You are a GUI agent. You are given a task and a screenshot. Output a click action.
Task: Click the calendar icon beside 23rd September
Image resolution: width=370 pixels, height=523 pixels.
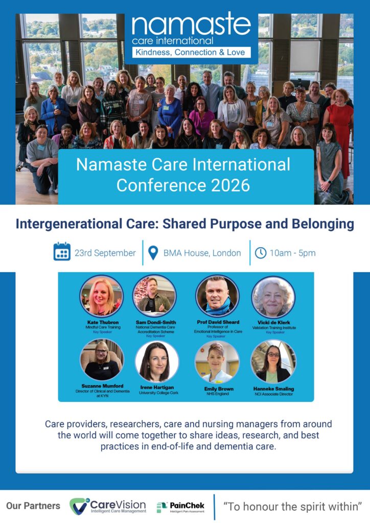62,251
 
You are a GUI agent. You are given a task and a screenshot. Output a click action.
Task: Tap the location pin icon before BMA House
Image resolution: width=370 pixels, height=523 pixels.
153,253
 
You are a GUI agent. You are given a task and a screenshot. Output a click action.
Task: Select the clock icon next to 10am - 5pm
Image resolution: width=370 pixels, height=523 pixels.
261,253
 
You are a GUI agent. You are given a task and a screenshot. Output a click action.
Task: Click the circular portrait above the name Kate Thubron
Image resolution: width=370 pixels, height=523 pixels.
101,296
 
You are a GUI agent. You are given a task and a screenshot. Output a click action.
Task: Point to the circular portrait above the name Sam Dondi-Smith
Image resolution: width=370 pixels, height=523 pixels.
154,296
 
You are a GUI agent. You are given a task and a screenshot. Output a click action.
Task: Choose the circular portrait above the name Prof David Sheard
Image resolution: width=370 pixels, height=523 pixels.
218,296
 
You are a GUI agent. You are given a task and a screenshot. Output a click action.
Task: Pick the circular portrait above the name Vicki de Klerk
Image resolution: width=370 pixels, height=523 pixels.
273,297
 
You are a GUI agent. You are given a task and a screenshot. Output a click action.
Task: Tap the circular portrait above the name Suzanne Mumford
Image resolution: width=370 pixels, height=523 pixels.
102,360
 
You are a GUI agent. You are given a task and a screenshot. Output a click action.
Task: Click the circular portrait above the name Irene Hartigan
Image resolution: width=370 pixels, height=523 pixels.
157,362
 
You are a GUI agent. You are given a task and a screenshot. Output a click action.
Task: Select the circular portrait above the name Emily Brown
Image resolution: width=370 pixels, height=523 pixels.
217,362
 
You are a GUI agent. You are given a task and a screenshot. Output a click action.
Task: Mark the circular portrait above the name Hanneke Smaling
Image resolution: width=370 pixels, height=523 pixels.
273,362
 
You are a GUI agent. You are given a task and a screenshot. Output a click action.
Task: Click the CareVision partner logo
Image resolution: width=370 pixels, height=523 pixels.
108,506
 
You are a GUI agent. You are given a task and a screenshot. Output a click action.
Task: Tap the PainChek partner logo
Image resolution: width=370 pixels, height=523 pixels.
180,507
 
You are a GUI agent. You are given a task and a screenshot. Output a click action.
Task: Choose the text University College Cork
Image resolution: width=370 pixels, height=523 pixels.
158,393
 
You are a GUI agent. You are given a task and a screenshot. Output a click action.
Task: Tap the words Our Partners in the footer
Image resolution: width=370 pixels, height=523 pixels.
33,506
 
